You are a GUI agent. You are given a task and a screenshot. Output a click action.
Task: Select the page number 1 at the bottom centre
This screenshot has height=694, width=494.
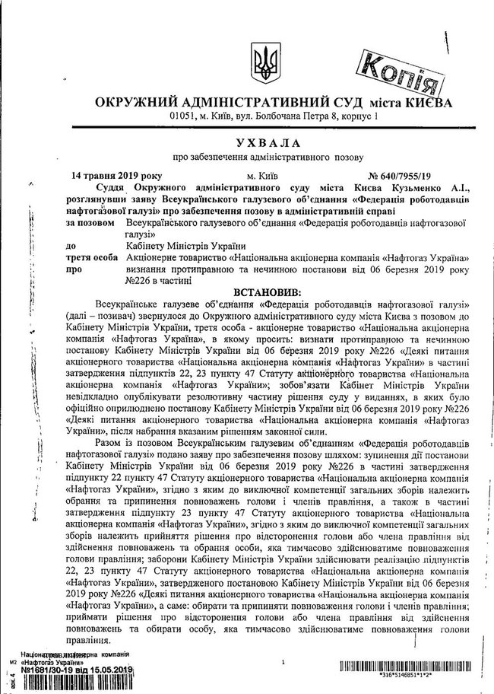282,664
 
